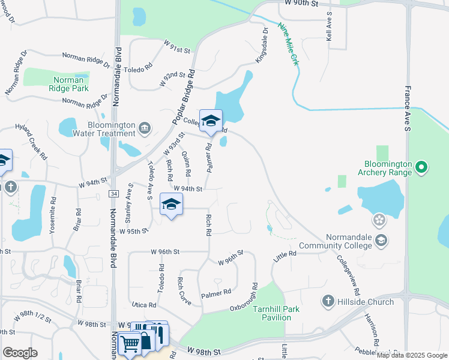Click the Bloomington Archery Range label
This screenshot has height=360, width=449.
click(x=388, y=167)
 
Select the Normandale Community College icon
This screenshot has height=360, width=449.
click(x=380, y=240)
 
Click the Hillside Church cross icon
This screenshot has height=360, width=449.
click(x=328, y=301)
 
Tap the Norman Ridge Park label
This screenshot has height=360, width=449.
click(x=70, y=84)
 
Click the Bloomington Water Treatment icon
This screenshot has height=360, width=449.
click(x=144, y=127)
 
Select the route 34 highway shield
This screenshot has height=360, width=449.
click(x=113, y=193)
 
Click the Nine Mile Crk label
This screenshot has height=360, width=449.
click(x=289, y=46)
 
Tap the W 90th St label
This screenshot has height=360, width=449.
click(x=300, y=4)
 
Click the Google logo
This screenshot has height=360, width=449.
click(x=20, y=353)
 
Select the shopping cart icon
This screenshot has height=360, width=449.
click(x=129, y=344)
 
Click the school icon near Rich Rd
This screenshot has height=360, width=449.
click(x=171, y=205)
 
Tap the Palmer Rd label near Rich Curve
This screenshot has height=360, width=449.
click(x=216, y=293)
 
